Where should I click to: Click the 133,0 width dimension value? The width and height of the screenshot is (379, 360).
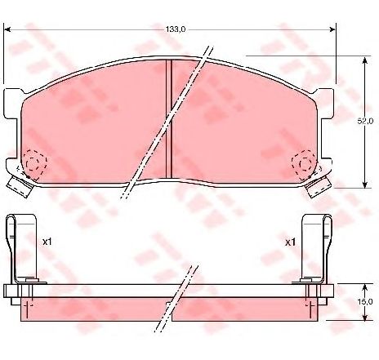coord(176,29)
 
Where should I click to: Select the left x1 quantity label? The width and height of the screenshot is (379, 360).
coord(47,242)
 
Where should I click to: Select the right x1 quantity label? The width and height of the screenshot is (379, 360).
coord(290,242)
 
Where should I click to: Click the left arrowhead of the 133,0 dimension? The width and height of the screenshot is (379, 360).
coord(7,29)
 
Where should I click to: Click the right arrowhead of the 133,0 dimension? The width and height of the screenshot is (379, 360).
coord(332,29)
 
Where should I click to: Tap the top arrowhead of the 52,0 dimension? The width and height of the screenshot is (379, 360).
coord(365,60)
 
